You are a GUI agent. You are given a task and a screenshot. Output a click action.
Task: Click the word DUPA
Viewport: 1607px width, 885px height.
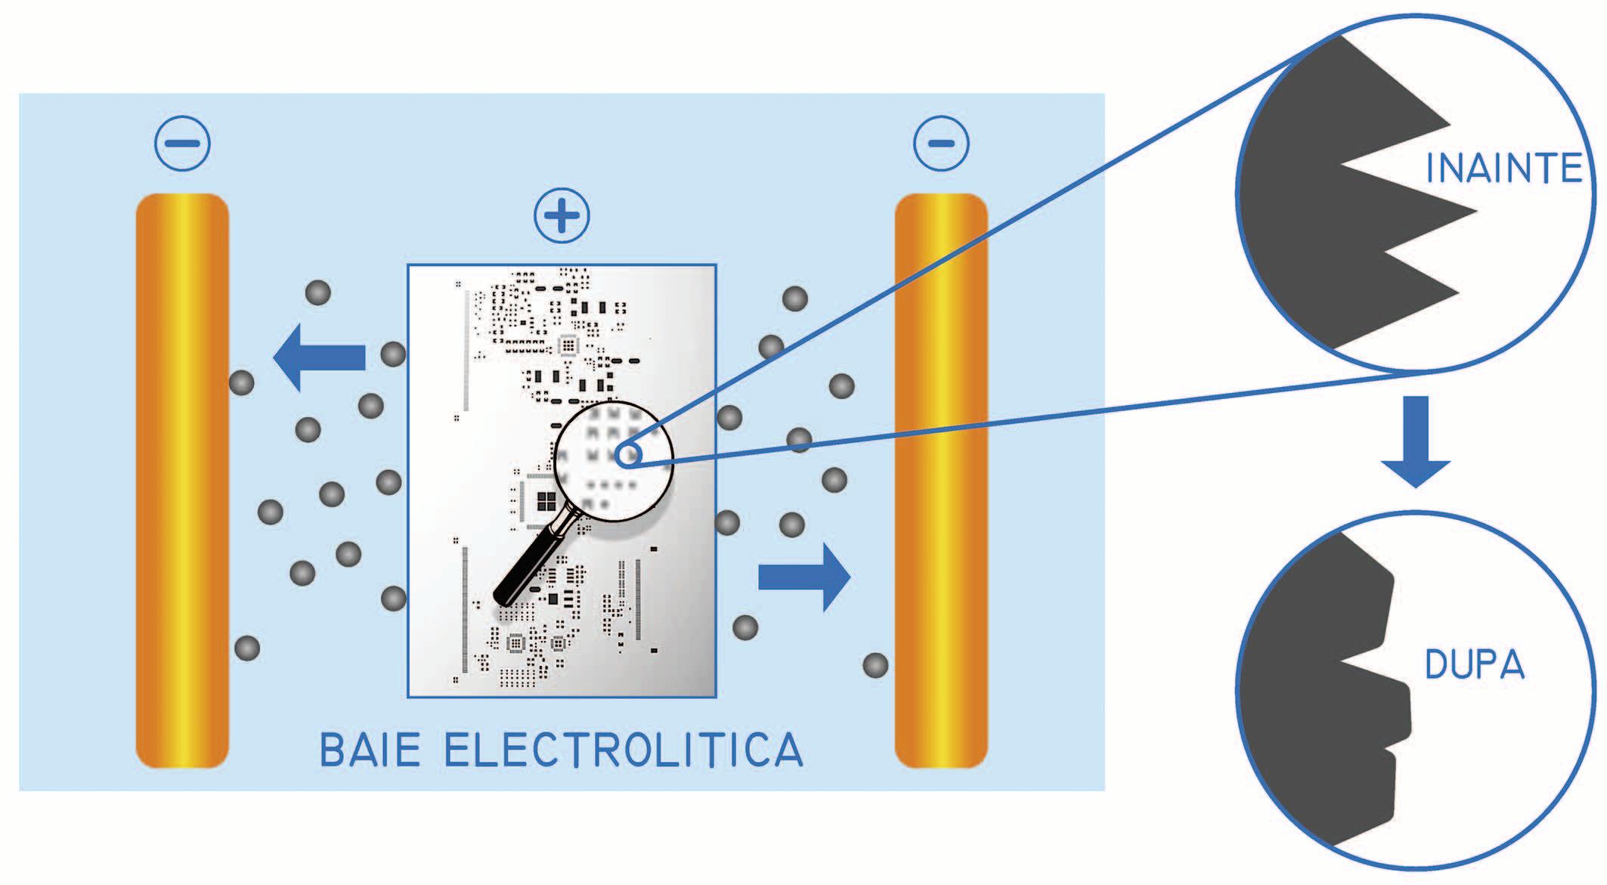click(x=1473, y=665)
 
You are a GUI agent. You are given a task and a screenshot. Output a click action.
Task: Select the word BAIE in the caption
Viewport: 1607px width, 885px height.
click(x=370, y=750)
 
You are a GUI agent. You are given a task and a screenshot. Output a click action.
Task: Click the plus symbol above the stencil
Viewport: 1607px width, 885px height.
click(x=562, y=216)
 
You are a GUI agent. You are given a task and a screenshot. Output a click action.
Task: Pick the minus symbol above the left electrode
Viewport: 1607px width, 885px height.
click(x=182, y=143)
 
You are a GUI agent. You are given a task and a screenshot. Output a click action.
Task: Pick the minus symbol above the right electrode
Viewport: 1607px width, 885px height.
click(x=941, y=143)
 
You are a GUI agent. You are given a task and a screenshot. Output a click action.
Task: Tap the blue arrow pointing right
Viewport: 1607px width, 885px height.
click(x=804, y=577)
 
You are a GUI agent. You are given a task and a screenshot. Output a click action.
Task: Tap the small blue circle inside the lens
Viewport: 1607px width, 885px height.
click(x=629, y=455)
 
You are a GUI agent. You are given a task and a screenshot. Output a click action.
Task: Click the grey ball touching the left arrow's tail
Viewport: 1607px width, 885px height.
click(x=393, y=354)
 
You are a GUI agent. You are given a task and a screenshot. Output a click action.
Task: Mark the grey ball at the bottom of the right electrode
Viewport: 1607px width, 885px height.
click(x=875, y=665)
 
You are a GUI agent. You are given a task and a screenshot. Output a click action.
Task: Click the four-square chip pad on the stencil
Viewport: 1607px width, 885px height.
click(x=546, y=501)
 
